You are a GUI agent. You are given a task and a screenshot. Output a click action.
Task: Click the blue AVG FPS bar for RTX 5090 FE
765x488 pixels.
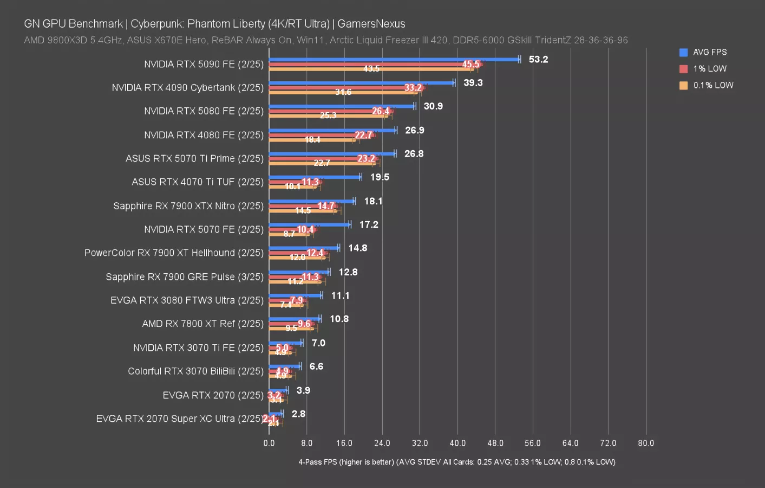point(394,59)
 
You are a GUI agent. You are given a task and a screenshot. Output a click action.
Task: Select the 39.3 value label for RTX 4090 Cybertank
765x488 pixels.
point(473,83)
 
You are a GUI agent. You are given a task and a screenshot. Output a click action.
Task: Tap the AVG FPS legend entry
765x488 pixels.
point(709,52)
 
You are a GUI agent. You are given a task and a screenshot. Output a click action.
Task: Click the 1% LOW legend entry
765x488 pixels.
point(709,69)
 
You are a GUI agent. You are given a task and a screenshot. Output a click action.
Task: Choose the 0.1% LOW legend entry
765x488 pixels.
point(712,85)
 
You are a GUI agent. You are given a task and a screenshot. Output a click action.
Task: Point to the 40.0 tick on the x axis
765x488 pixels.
point(457,443)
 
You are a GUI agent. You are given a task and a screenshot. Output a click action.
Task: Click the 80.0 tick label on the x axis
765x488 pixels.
point(645,443)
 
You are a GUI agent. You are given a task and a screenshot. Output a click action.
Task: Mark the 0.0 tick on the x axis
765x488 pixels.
point(269,443)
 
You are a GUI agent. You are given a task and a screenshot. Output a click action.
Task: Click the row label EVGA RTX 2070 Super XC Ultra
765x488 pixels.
point(179,419)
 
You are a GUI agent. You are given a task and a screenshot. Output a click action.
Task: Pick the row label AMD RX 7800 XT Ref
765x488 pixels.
point(202,324)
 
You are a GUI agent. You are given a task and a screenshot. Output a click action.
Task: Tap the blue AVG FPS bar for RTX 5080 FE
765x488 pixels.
point(342,106)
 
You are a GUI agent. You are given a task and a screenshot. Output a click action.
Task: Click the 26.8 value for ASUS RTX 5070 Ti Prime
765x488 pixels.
point(414,154)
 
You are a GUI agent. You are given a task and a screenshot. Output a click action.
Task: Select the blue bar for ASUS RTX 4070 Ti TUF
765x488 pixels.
point(315,177)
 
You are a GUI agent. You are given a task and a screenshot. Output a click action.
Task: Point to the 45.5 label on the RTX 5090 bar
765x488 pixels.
point(470,65)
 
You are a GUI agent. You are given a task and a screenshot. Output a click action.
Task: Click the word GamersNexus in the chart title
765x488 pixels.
point(371,24)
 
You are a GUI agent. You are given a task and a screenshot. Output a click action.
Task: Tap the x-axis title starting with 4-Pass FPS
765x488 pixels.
point(456,462)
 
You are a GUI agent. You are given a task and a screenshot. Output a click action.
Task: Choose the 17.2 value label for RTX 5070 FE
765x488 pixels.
point(369,224)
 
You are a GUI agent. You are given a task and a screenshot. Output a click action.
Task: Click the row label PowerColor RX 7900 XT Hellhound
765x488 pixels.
point(174,253)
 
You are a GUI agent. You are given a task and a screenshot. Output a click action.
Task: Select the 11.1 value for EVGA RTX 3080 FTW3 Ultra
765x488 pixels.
point(340,296)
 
